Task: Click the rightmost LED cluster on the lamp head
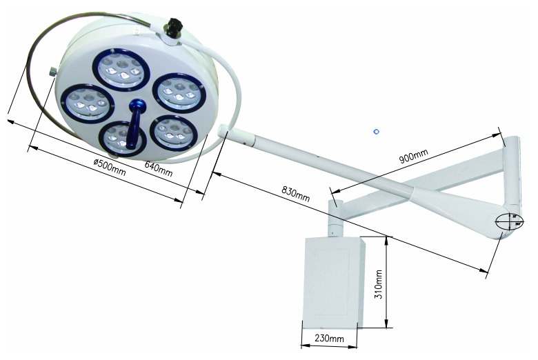click(x=179, y=94)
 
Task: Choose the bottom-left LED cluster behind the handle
click(x=121, y=139)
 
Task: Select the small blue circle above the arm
click(x=376, y=130)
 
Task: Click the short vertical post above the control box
click(x=335, y=217)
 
